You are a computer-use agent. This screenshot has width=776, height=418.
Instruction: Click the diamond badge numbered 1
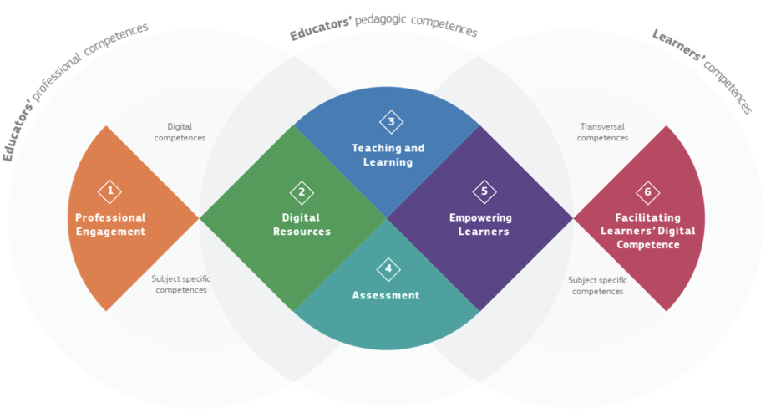pos(110,191)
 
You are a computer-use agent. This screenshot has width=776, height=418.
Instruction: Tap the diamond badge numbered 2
pos(302,192)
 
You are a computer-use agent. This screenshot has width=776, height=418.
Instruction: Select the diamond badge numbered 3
pos(391,122)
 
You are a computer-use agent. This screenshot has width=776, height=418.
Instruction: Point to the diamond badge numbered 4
pos(388,269)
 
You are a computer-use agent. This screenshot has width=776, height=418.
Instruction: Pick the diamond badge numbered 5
pos(484,191)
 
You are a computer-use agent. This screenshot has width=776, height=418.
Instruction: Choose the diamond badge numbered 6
pos(648,192)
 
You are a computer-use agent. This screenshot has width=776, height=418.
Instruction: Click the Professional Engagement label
pos(110,224)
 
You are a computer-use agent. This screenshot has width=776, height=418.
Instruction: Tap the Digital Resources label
pos(302,224)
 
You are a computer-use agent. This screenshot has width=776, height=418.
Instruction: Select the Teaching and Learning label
pos(388,155)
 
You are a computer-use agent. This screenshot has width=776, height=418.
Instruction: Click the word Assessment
pos(386,296)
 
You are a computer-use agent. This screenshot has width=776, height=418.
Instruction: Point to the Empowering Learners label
pos(480,224)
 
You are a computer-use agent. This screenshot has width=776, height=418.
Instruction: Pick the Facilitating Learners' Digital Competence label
pos(648,231)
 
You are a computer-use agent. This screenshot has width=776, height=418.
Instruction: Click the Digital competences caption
pos(180,132)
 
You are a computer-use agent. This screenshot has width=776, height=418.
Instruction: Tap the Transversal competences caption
pos(602,132)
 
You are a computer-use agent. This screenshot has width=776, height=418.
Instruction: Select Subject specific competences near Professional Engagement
pos(181,284)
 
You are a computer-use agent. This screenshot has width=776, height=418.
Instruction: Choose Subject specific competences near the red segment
pos(597,286)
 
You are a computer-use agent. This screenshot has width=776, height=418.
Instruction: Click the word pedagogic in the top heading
pos(381,21)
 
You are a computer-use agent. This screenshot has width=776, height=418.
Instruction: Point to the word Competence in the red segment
pos(648,245)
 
